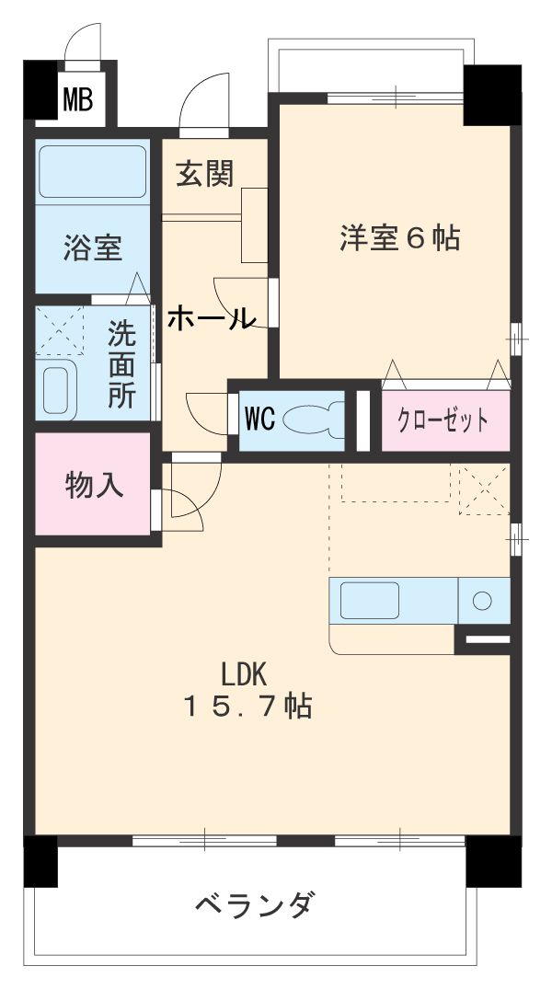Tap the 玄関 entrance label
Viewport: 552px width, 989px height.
coord(205,174)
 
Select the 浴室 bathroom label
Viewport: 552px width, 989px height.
coord(92,248)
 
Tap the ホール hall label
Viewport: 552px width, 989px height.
coord(211,319)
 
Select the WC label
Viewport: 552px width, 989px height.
coord(259,419)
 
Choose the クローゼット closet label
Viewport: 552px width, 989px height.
coord(443,421)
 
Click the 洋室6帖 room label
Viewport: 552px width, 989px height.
coord(399,238)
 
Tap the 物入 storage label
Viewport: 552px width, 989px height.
coord(94,485)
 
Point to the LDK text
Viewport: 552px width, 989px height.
coord(243,674)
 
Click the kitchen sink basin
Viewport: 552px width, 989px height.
coord(369,601)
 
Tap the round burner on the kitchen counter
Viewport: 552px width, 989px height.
coord(483,601)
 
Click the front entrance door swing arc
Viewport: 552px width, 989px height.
coord(202,103)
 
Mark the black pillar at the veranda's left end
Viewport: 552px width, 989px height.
coord(40,861)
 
